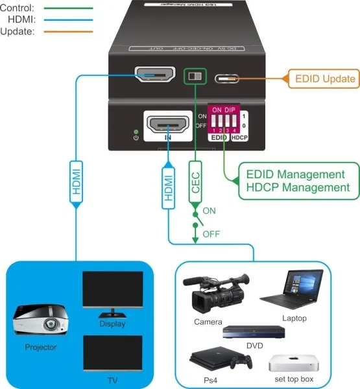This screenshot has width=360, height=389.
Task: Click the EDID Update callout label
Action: pyautogui.click(x=325, y=79)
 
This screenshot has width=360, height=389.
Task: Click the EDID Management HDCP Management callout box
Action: pyautogui.click(x=291, y=181)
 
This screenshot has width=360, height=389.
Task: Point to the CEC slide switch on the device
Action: pyautogui.click(x=195, y=76)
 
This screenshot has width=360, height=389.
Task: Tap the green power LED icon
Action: pyautogui.click(x=136, y=135)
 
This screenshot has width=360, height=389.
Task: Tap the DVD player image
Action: pyautogui.click(x=254, y=332)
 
